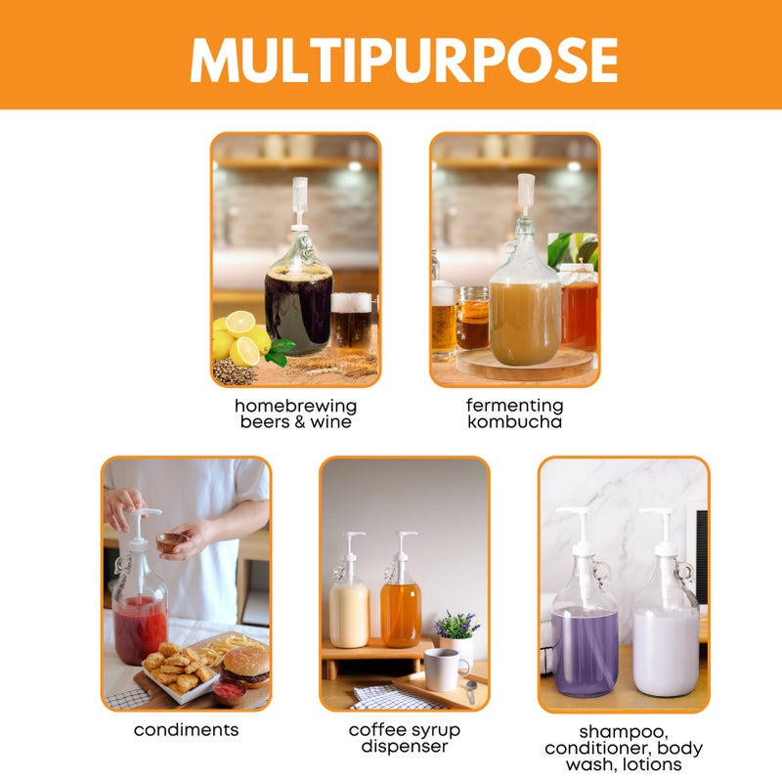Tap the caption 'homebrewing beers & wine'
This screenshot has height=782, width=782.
click(295, 413)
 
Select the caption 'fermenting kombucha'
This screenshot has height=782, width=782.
click(514, 413)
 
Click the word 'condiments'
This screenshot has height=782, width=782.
click(186, 730)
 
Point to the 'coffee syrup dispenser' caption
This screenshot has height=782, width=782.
click(404, 738)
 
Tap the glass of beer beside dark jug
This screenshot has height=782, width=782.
click(352, 323)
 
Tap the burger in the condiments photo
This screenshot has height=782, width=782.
click(246, 665)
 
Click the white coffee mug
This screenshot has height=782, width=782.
click(445, 669)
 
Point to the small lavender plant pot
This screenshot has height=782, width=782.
click(456, 635)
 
